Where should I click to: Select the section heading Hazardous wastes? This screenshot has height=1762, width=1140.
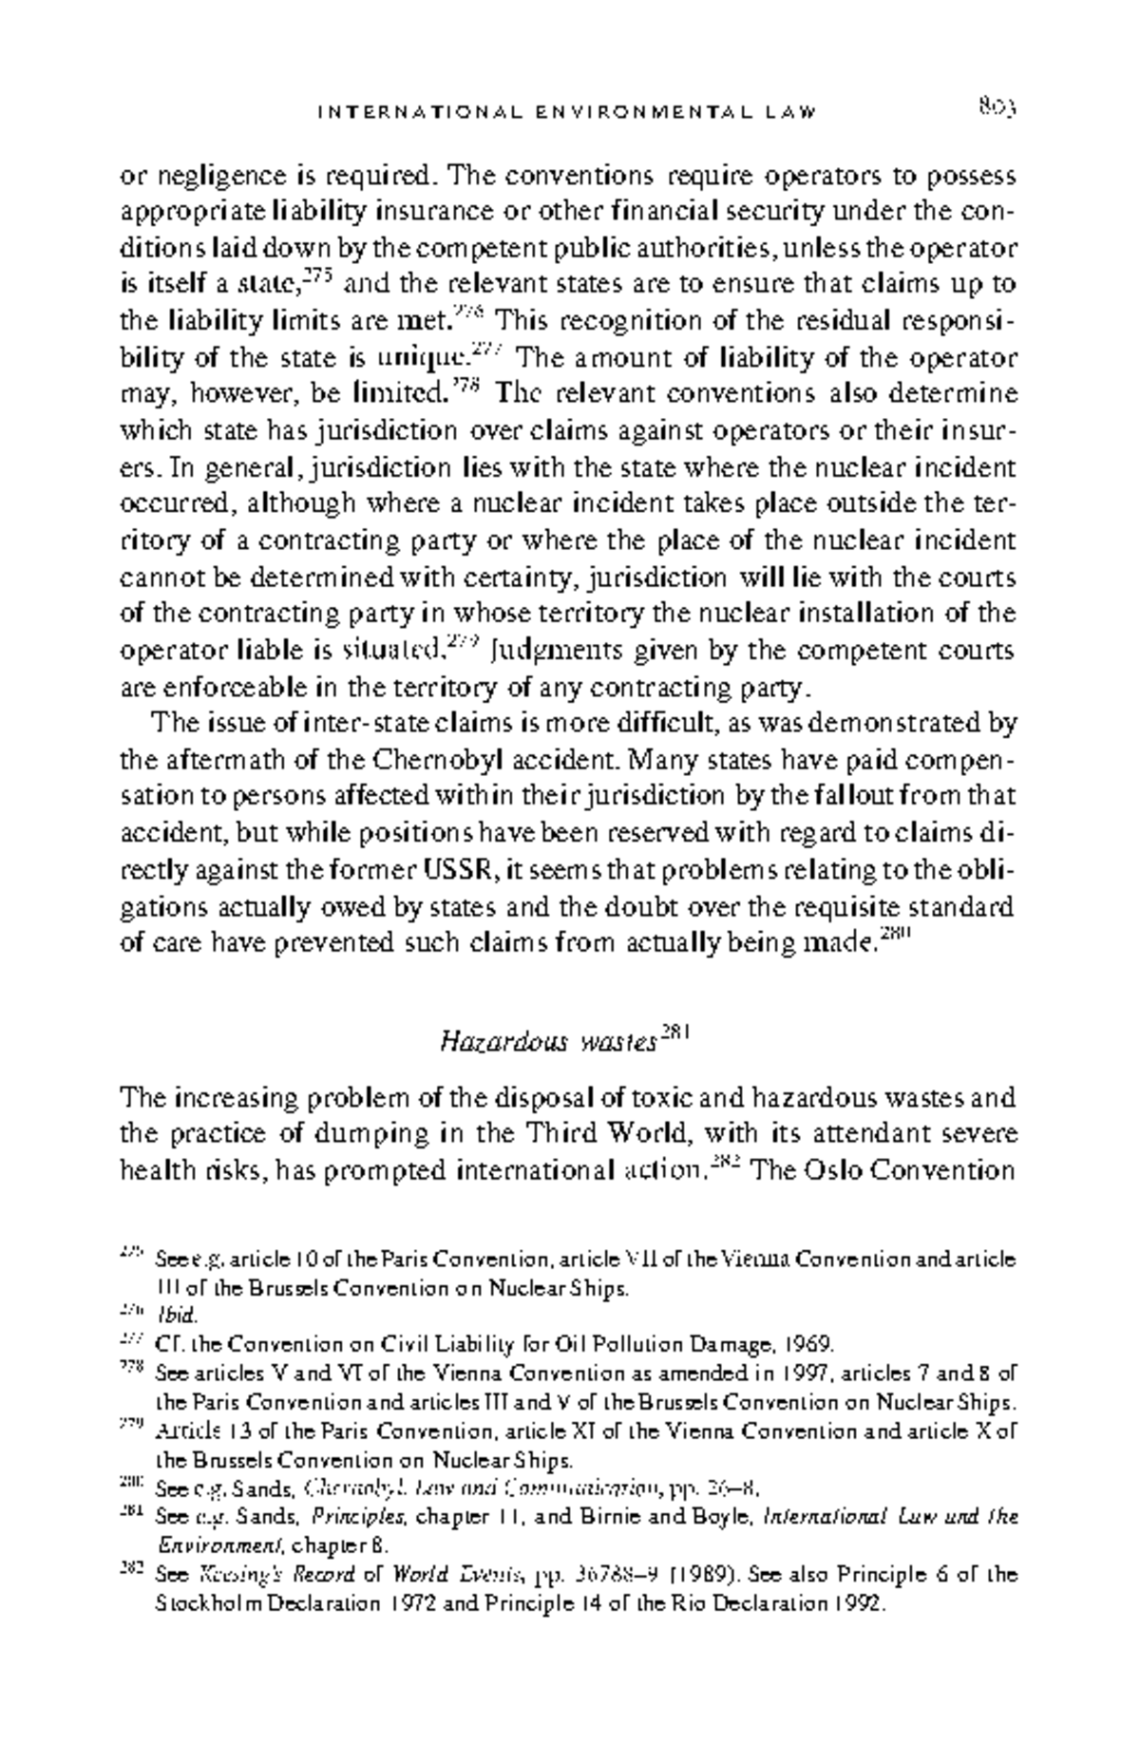[x=547, y=1043]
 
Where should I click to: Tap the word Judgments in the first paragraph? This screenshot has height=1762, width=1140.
[x=539, y=652]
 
